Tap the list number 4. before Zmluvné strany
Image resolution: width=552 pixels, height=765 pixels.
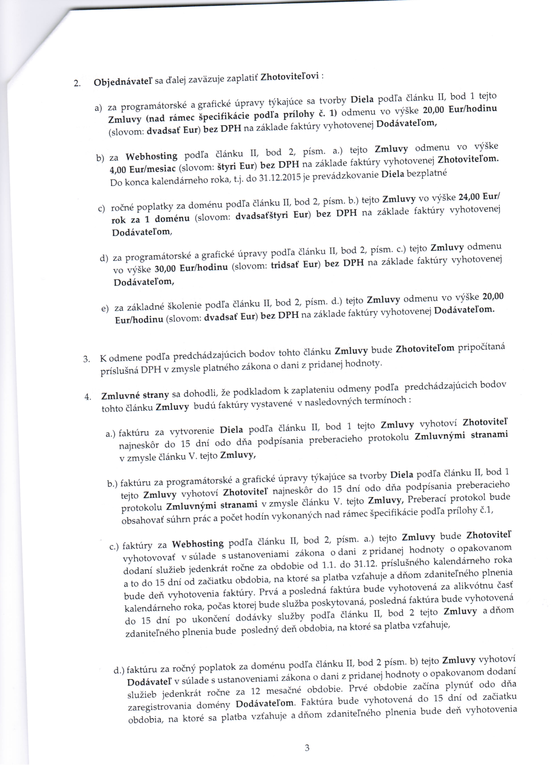(x=88, y=397)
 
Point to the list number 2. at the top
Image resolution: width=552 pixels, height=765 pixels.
(x=77, y=83)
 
